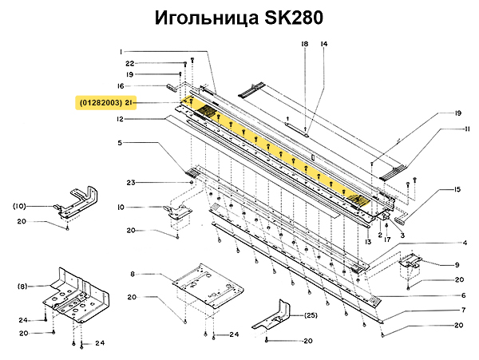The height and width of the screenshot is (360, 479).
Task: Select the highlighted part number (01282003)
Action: [x=100, y=103]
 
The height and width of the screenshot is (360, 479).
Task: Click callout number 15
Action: [x=457, y=189]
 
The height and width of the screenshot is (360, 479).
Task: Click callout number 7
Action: [x=463, y=310]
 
